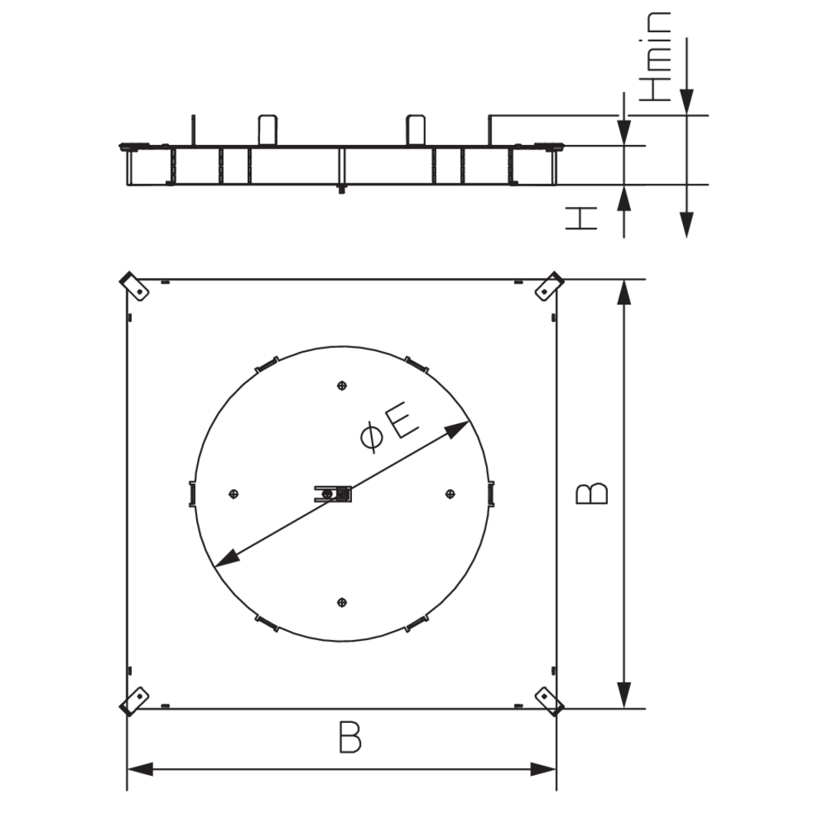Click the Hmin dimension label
pyautogui.click(x=655, y=57)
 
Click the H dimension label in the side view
pyautogui.click(x=581, y=218)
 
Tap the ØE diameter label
pyautogui.click(x=389, y=430)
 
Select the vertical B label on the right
pyautogui.click(x=592, y=493)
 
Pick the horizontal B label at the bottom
pyautogui.click(x=350, y=737)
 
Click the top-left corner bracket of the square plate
pyautogui.click(x=135, y=286)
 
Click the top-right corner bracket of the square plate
pyautogui.click(x=550, y=286)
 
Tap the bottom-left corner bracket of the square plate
pyautogui.click(x=134, y=701)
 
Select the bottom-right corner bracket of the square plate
pyautogui.click(x=550, y=701)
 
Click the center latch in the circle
pyautogui.click(x=333, y=494)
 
